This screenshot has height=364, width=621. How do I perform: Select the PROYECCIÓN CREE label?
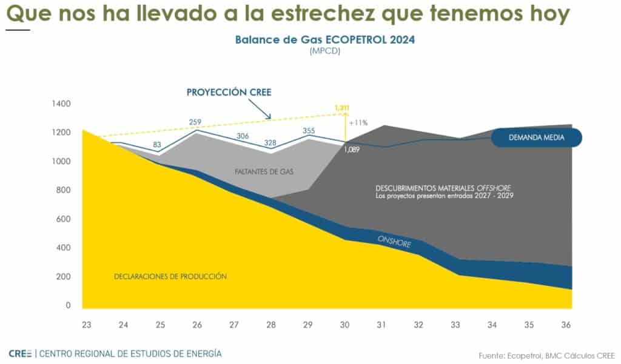[229, 93]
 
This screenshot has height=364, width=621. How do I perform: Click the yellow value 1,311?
[341, 108]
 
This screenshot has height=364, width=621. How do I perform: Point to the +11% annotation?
[359, 122]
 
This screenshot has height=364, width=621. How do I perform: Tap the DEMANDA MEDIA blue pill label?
[536, 137]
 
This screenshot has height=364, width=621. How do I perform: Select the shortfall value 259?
[195, 122]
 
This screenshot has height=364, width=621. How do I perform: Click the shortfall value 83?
[157, 145]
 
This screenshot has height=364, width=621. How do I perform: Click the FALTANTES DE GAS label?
[264, 172]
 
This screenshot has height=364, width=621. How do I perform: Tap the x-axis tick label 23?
[86, 325]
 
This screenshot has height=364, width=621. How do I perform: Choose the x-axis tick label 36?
[566, 325]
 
